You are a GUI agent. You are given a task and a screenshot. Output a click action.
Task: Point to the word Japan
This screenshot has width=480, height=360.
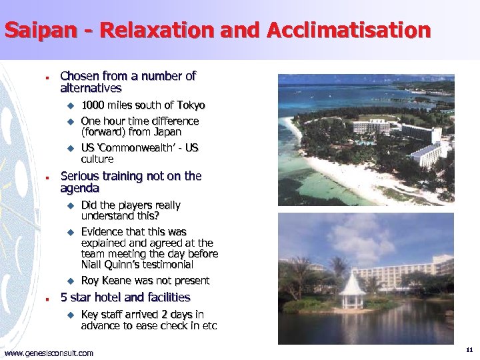click(167, 132)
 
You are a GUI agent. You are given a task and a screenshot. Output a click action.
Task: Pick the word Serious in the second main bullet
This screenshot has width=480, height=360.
click(82, 177)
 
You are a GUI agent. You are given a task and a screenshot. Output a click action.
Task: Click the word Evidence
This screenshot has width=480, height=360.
click(104, 232)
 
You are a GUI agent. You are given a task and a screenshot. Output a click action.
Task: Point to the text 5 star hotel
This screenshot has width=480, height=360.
click(97, 297)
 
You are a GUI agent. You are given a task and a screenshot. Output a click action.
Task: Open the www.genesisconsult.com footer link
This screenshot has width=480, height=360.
click(49, 353)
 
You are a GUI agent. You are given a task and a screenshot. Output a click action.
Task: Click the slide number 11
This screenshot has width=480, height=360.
click(469, 350)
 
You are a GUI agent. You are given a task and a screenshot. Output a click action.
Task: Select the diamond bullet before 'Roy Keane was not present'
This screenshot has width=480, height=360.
click(68, 281)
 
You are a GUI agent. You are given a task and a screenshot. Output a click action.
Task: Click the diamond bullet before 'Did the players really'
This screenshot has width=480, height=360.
click(68, 206)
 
